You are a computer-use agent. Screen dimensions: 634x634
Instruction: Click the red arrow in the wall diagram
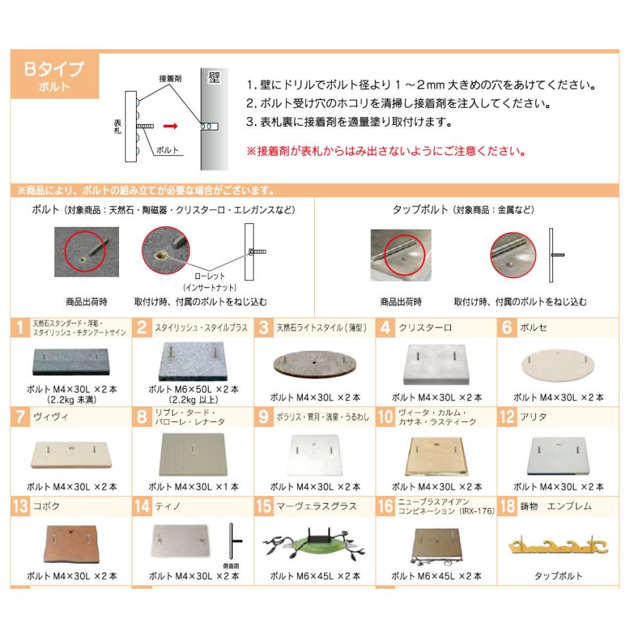point(169,128)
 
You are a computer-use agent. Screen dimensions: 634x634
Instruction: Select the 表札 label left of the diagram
point(117,128)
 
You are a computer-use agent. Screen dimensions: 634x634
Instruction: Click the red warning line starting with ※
point(385,151)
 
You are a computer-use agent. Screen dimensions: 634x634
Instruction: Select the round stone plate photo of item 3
point(312,364)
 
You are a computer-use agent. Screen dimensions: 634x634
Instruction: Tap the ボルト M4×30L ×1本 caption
point(193,487)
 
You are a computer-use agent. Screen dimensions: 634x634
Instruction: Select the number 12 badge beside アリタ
point(507,417)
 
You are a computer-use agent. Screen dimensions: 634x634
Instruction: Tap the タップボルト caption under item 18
point(558,576)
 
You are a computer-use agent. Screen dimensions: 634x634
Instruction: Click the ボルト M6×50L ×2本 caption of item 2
point(193,388)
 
